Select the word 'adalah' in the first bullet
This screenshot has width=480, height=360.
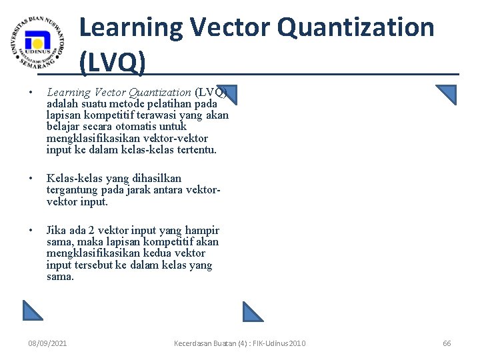(61, 104)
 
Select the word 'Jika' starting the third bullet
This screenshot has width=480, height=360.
(55, 230)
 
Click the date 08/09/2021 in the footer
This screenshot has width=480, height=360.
(47, 343)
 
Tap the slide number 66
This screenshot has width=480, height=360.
(447, 343)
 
